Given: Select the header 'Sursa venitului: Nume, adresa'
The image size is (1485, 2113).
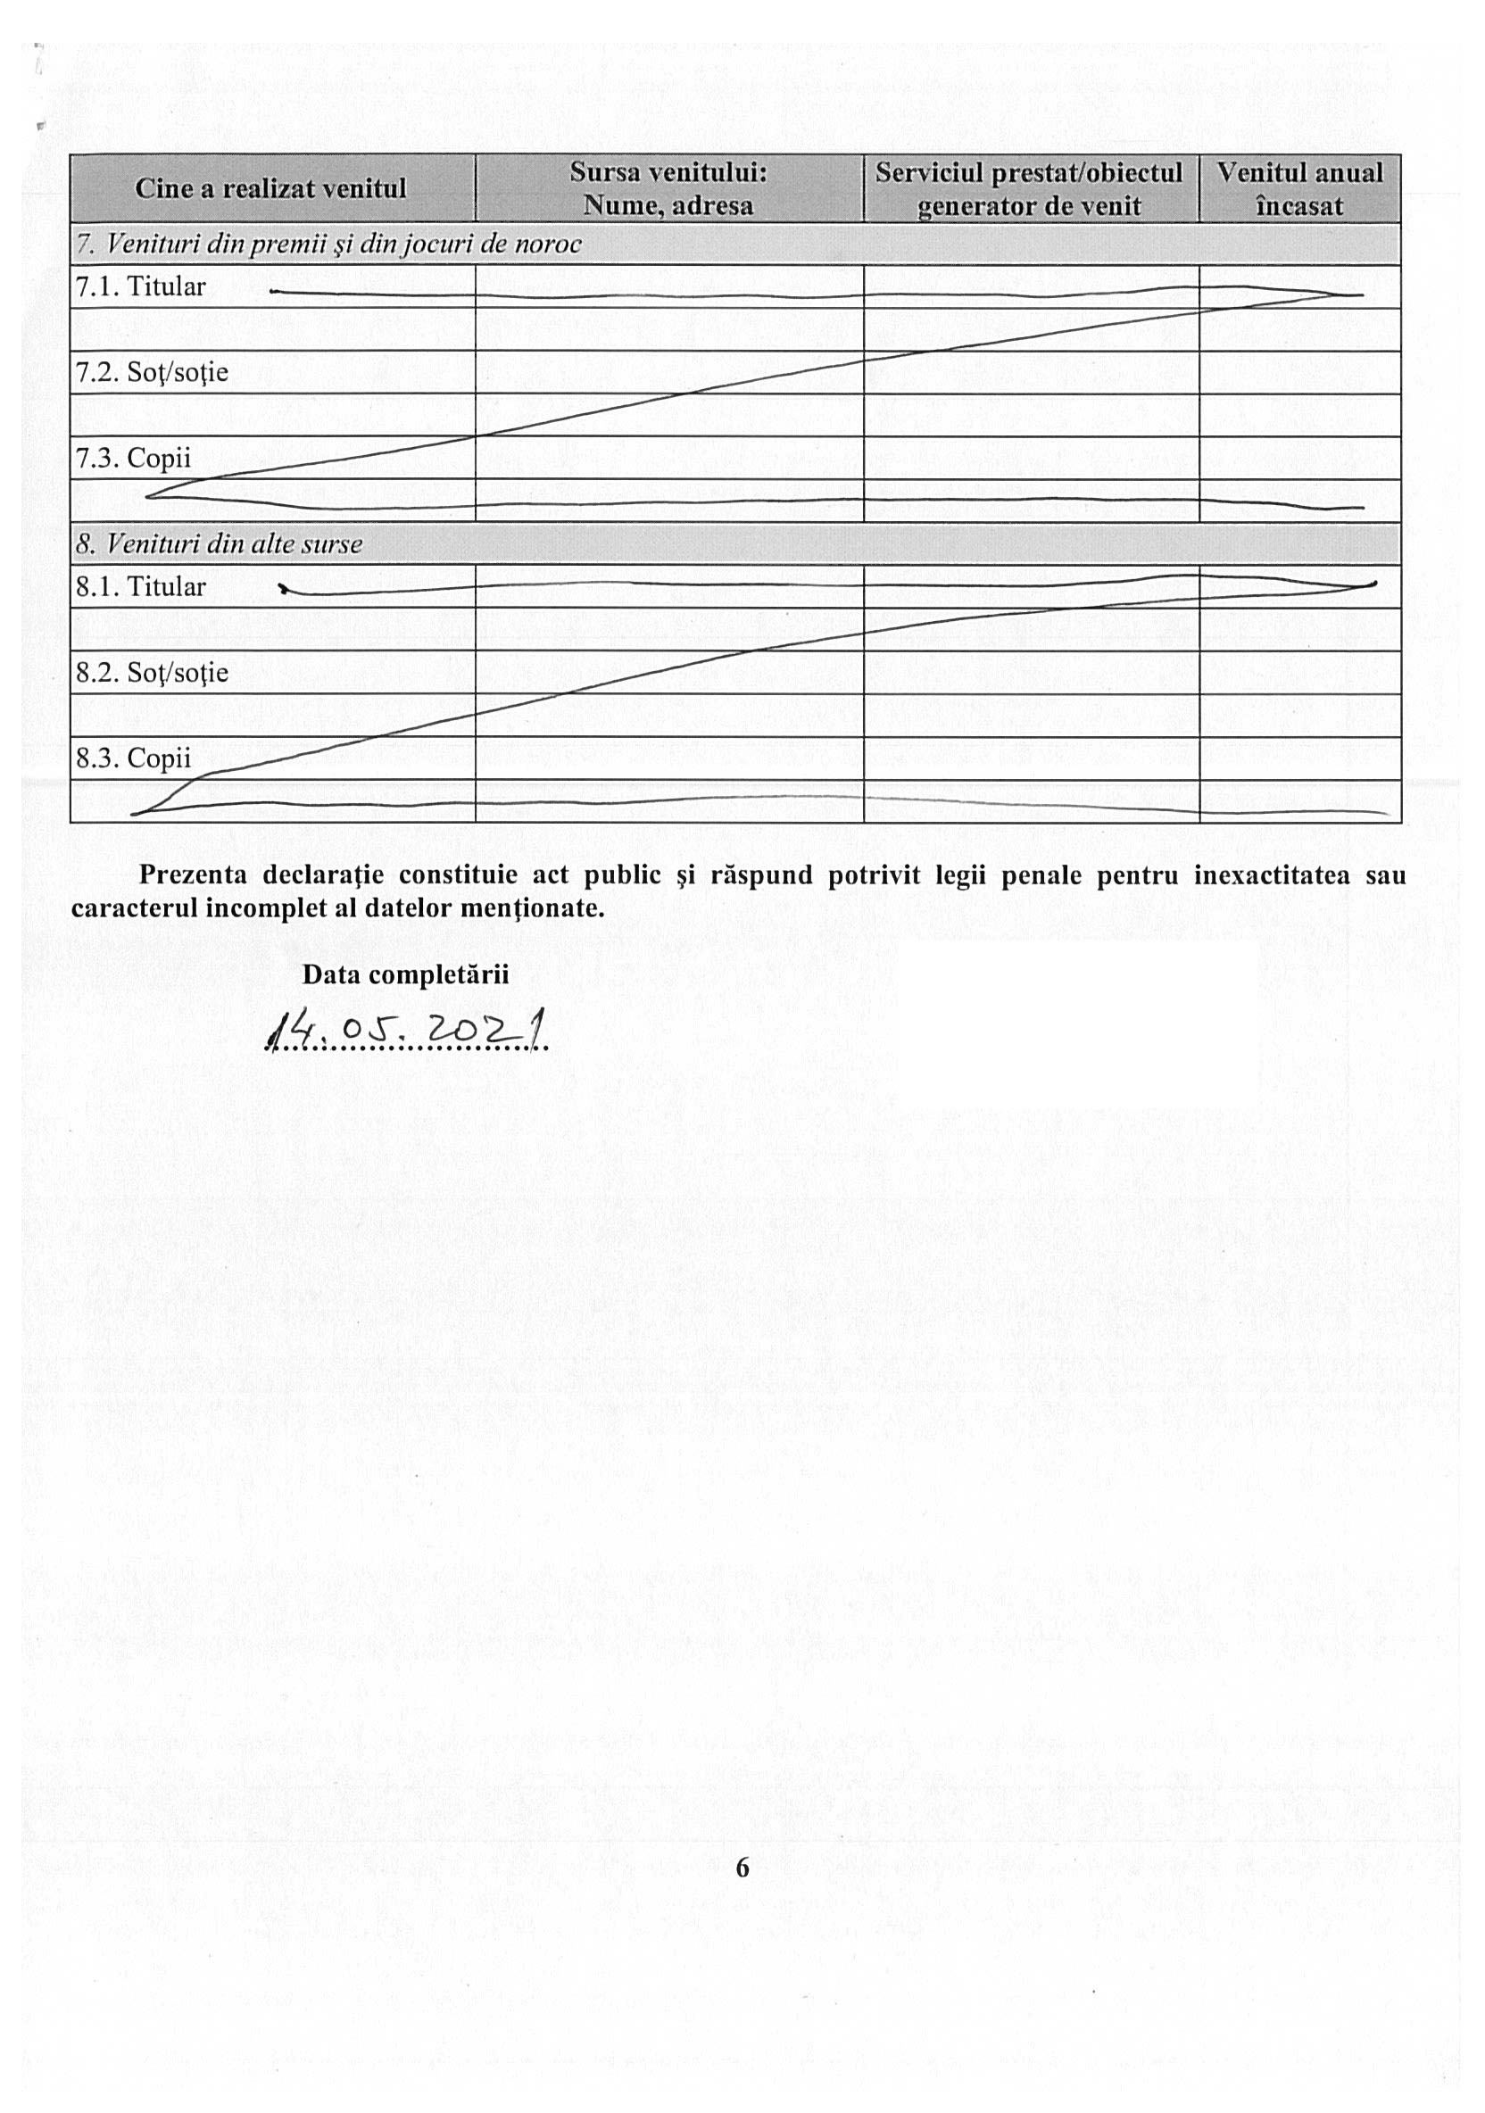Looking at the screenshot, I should (668, 188).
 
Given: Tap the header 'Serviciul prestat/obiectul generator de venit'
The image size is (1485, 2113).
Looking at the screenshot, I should (1029, 188).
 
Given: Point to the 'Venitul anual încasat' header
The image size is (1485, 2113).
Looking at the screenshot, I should (1299, 188).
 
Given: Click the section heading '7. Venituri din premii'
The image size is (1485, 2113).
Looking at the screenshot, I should (328, 244).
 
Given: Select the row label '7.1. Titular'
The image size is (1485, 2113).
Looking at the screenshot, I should (141, 287).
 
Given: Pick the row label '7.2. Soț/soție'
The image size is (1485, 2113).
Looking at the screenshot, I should (152, 373).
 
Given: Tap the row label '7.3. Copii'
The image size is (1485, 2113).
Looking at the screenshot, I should (134, 459).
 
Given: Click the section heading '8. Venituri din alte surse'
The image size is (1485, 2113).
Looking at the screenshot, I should (220, 545).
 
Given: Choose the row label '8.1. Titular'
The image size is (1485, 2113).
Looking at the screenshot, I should (141, 587).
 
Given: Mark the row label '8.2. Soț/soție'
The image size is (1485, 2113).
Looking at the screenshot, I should (152, 673).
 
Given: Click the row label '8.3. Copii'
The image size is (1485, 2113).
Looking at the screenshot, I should (134, 758).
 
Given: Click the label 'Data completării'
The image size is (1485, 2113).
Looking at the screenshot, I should (405, 974).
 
